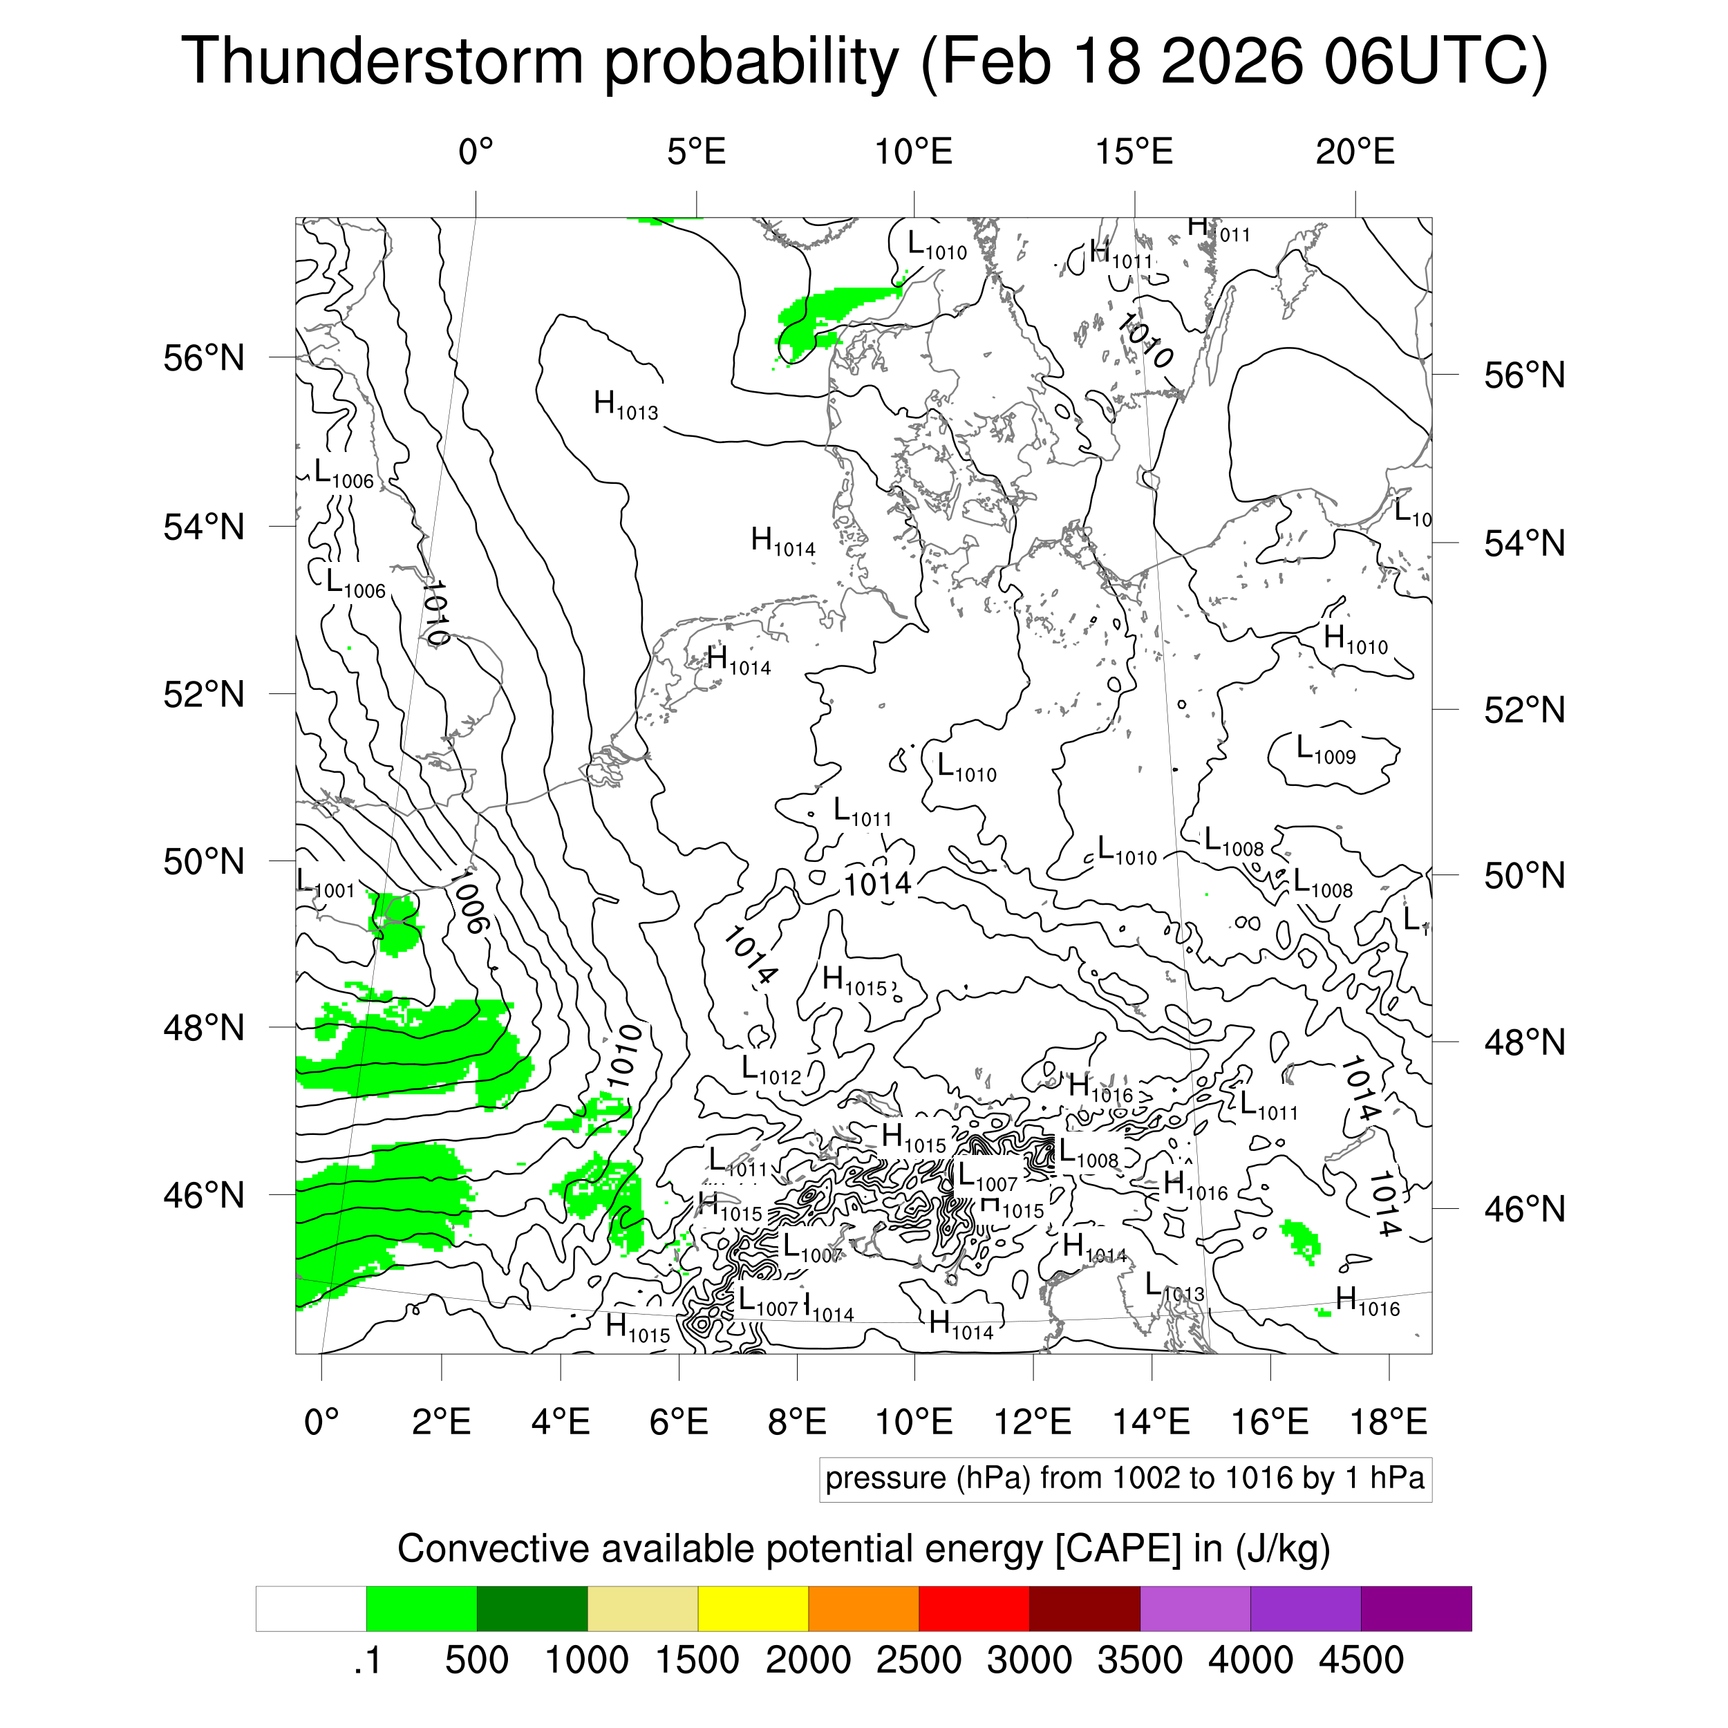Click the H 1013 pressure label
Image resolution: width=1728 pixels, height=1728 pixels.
pyautogui.click(x=626, y=405)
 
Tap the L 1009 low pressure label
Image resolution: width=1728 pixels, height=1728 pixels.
pyautogui.click(x=1326, y=749)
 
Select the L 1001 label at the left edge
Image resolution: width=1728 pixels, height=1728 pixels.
pyautogui.click(x=326, y=882)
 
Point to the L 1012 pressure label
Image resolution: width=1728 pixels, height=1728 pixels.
pyautogui.click(x=771, y=1070)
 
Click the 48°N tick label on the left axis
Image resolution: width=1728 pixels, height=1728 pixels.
pyautogui.click(x=204, y=1029)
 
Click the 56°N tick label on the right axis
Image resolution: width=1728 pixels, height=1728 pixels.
pyautogui.click(x=1524, y=375)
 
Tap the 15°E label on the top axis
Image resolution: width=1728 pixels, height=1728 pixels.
pyautogui.click(x=1134, y=152)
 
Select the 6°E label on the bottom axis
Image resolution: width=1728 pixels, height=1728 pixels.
pyautogui.click(x=679, y=1421)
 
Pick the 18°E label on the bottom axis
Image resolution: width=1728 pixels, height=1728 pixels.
pyautogui.click(x=1388, y=1421)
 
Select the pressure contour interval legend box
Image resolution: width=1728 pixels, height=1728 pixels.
pyautogui.click(x=1125, y=1478)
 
